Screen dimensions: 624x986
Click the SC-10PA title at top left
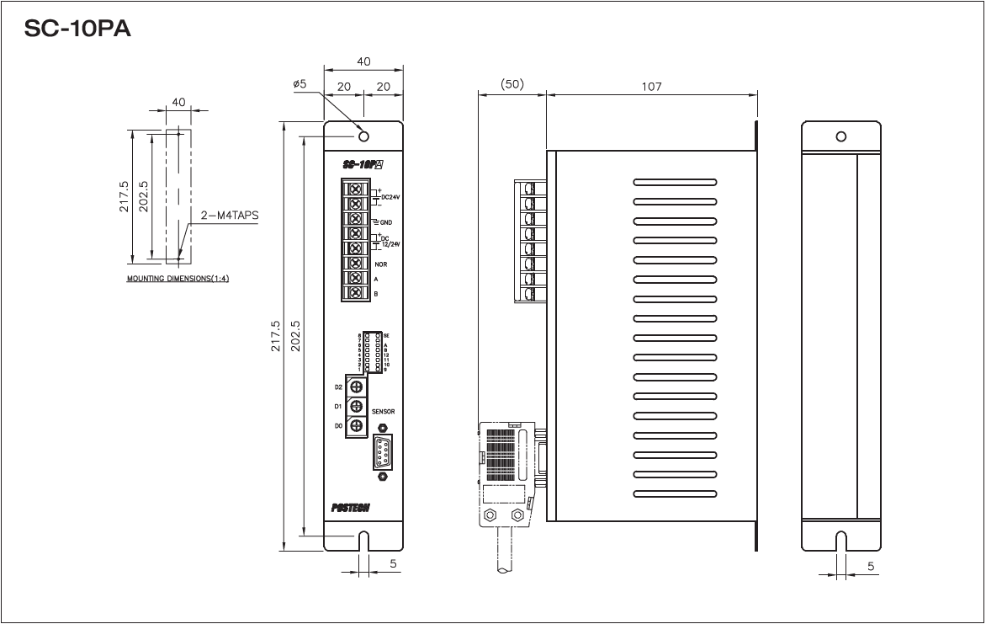(77, 29)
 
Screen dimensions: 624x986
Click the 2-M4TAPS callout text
(230, 215)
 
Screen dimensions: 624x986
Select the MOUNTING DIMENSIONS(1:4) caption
(178, 278)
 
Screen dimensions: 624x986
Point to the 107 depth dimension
(651, 86)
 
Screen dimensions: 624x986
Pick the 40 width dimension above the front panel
(363, 61)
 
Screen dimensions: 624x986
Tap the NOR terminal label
(379, 264)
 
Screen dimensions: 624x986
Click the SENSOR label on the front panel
(384, 412)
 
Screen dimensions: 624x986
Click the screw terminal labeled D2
(357, 387)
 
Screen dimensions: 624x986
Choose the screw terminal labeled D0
(357, 427)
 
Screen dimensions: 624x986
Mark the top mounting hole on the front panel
(363, 137)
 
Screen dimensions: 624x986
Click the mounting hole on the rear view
(840, 136)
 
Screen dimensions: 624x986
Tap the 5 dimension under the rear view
(872, 566)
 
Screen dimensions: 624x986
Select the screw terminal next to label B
(356, 293)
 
